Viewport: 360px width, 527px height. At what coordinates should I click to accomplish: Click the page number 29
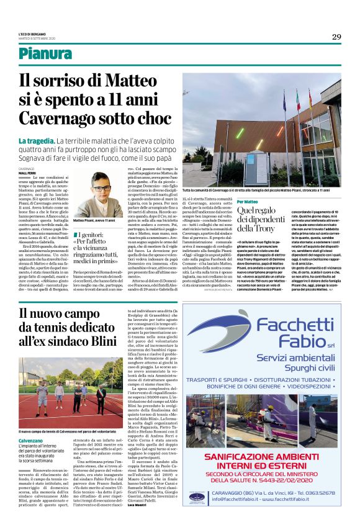pyautogui.click(x=336, y=37)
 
